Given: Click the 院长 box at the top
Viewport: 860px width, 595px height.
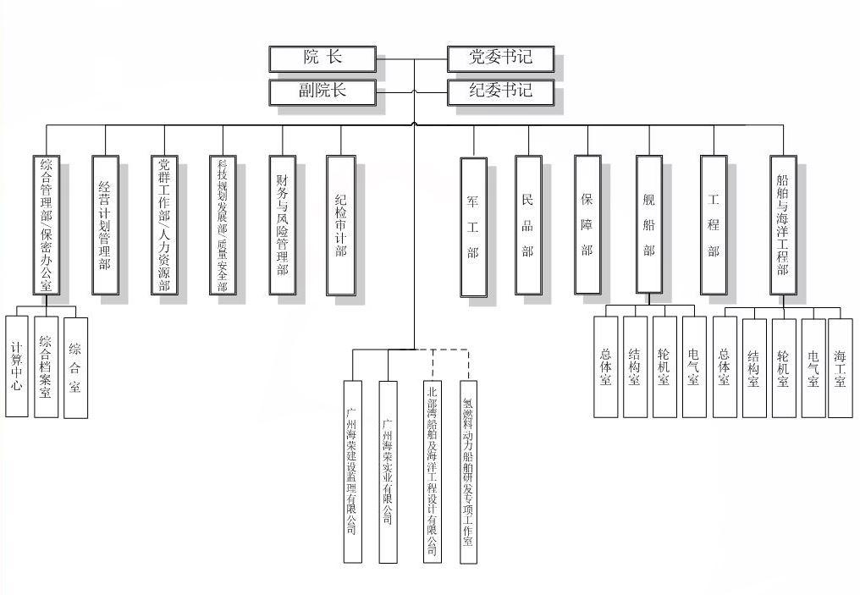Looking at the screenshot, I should tap(322, 58).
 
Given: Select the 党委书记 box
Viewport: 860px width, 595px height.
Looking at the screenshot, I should tap(500, 58).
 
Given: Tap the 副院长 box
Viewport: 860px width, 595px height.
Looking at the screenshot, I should tap(322, 91).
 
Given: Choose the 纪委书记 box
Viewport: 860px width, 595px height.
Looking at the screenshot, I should tap(500, 91).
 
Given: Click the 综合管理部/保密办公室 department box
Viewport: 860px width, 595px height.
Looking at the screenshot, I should tap(46, 225).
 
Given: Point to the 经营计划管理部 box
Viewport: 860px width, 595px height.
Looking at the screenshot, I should tap(105, 225).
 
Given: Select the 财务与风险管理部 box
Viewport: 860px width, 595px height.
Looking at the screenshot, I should tap(282, 225).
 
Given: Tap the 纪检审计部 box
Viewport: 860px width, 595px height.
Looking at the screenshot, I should tap(341, 225).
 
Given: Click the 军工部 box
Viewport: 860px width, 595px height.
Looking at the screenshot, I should tap(473, 227).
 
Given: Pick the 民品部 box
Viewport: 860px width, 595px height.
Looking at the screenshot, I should tap(528, 225).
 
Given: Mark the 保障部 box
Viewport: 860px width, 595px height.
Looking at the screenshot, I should tap(587, 225).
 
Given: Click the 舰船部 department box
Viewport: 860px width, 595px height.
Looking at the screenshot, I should tap(649, 225).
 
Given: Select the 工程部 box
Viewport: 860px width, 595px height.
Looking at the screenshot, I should tap(714, 225).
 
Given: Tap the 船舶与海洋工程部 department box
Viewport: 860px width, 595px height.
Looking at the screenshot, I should tap(783, 225).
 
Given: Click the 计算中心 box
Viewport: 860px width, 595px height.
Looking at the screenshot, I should tap(17, 366).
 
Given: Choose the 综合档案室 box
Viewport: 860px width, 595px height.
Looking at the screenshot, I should tap(47, 366).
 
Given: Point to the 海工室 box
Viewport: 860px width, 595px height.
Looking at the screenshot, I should tap(840, 367).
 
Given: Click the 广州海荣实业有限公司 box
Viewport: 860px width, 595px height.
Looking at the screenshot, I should tap(388, 471).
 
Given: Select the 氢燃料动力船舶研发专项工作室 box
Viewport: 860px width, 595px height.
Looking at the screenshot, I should tap(468, 471).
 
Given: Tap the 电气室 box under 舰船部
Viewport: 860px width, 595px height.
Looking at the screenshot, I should tap(693, 366).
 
